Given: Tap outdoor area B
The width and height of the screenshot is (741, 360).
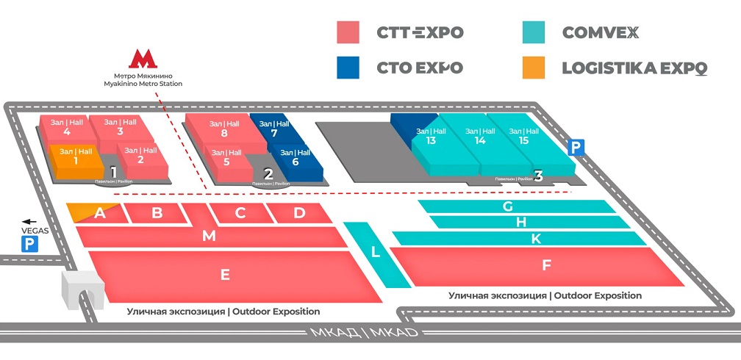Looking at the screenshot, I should tap(157, 213).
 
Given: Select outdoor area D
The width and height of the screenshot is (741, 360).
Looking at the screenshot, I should tap(299, 213).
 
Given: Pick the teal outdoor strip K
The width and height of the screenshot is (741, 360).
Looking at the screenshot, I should tap(536, 238).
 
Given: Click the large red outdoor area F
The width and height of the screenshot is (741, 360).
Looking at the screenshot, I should tap(546, 265).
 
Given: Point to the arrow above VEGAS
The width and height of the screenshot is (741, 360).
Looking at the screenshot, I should tap(29, 220).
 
